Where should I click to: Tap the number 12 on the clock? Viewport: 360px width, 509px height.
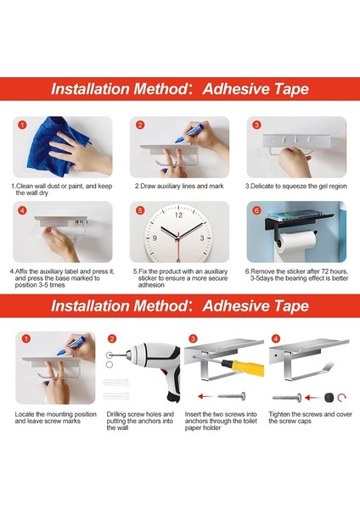[x=178, y=215]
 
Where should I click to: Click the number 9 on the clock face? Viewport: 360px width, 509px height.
[x=155, y=238]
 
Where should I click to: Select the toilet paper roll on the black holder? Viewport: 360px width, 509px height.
[x=295, y=241]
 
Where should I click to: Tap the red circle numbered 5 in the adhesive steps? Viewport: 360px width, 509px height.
[x=140, y=210]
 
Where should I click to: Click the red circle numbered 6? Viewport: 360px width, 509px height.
[x=256, y=210]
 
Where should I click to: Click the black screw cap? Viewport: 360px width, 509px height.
[x=329, y=397]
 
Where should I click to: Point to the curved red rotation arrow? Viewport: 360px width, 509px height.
[x=341, y=397]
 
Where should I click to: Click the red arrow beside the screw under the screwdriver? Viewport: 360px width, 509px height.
[x=205, y=396]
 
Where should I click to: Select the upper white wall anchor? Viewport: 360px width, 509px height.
[x=116, y=382]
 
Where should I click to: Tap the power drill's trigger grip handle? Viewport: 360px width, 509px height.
[x=173, y=383]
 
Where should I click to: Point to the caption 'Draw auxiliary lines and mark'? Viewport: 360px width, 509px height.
[x=179, y=186]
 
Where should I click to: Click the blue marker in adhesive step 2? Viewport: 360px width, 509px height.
[x=189, y=134]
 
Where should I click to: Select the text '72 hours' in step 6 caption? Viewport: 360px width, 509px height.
[x=335, y=271]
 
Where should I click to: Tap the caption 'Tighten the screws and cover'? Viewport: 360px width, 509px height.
[x=310, y=414]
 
